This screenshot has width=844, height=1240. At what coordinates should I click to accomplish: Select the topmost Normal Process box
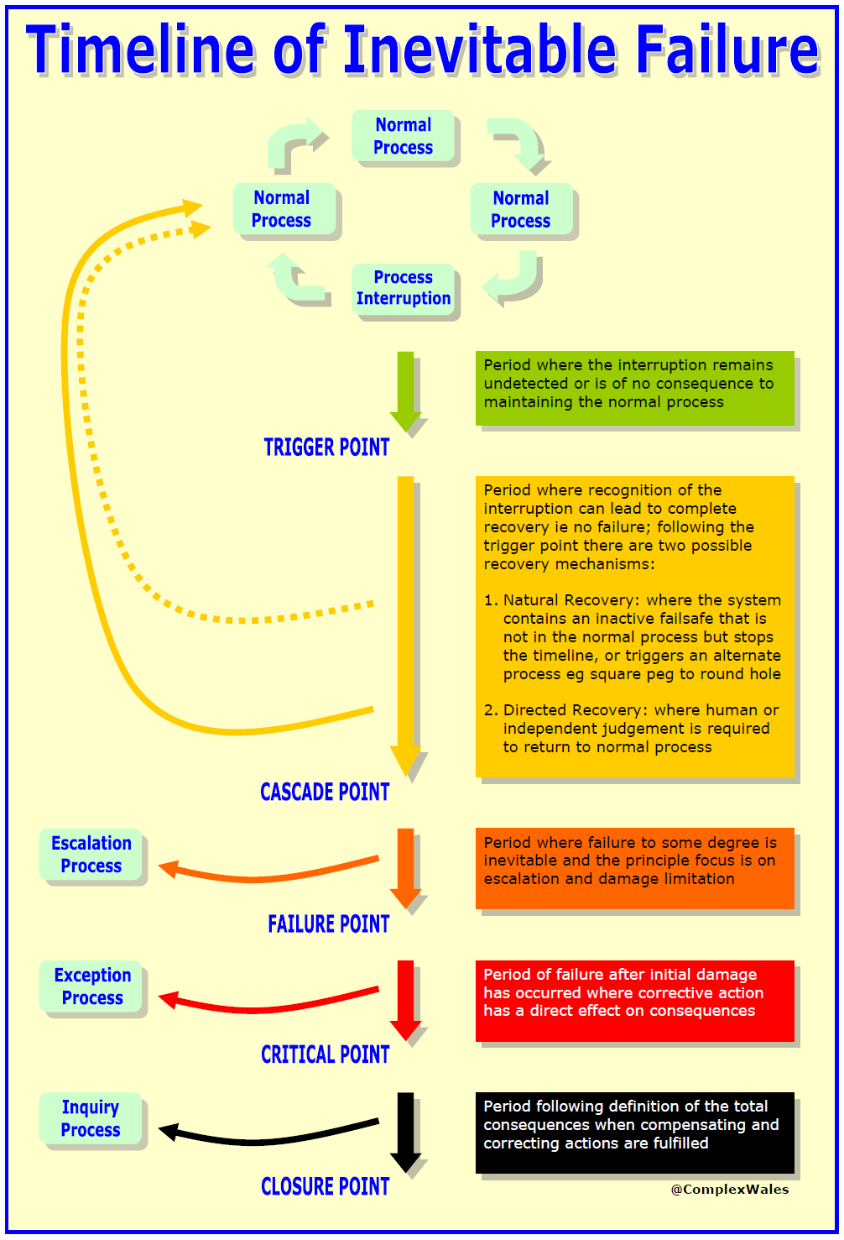tap(404, 136)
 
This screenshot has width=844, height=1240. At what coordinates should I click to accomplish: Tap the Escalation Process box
tap(91, 854)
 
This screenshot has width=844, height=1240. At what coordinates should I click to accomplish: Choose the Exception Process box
tap(91, 986)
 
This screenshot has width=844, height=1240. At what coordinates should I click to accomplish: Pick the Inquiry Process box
tap(91, 1117)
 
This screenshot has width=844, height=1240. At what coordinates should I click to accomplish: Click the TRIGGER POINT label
tap(326, 447)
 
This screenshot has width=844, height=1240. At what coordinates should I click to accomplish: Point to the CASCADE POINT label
tap(325, 792)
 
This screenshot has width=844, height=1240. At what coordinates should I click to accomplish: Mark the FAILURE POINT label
tap(329, 923)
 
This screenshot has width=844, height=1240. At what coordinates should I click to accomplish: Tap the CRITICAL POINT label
tap(326, 1054)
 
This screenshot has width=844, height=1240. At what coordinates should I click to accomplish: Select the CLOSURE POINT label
tap(326, 1186)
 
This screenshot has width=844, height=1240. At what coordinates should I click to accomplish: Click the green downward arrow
tap(405, 391)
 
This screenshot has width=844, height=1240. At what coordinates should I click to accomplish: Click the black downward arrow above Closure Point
tap(405, 1133)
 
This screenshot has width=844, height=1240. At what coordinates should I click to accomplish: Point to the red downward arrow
tap(405, 1001)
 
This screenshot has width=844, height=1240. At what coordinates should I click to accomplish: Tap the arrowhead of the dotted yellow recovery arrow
tap(201, 228)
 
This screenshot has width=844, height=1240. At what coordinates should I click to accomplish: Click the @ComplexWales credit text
tap(730, 1190)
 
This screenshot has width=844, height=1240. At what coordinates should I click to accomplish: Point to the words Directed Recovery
tap(575, 709)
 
